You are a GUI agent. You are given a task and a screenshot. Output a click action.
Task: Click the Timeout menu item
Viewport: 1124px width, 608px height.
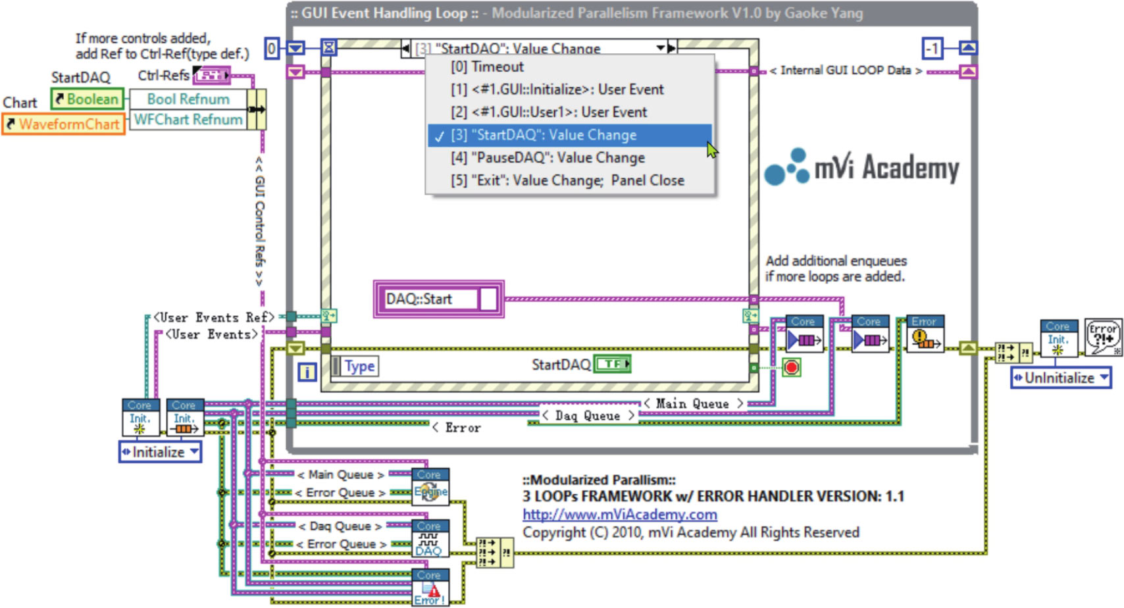[x=487, y=67]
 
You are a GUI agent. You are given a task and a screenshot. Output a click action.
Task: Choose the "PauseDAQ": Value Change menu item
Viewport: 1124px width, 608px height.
[x=548, y=158]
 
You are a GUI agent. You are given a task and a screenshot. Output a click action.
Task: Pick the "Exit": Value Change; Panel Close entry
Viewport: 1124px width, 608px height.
[x=567, y=181]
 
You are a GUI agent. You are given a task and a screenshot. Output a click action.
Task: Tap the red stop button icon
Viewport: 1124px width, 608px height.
[x=792, y=367]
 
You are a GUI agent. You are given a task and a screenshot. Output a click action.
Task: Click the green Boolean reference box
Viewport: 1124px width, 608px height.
[x=87, y=99]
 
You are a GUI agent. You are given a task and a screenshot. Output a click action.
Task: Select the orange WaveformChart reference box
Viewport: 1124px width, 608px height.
[x=63, y=124]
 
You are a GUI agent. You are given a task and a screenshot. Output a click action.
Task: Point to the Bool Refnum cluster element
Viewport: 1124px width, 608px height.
[x=188, y=99]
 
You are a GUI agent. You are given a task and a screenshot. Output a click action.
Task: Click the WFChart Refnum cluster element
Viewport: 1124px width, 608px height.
[x=188, y=120]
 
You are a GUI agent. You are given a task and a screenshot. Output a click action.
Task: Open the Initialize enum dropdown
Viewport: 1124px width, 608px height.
[x=160, y=452]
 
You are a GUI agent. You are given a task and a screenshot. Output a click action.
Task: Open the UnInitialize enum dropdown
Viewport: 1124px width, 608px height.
[x=1060, y=378]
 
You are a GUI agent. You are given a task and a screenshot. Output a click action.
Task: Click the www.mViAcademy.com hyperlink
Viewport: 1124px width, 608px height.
[x=619, y=515]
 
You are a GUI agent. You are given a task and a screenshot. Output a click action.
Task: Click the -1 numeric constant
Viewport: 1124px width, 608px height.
[x=932, y=48]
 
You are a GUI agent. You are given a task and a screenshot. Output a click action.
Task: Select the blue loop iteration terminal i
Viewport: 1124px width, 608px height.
[x=307, y=372]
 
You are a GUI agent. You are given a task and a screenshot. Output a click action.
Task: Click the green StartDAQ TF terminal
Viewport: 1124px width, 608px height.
[x=612, y=364]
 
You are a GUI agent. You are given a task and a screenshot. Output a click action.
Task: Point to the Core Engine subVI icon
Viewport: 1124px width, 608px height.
[x=430, y=487]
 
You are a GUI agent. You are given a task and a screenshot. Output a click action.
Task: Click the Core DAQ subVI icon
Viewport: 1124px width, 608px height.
[x=430, y=539]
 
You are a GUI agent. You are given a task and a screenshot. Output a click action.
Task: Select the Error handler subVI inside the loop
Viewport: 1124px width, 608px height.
[x=925, y=334]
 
